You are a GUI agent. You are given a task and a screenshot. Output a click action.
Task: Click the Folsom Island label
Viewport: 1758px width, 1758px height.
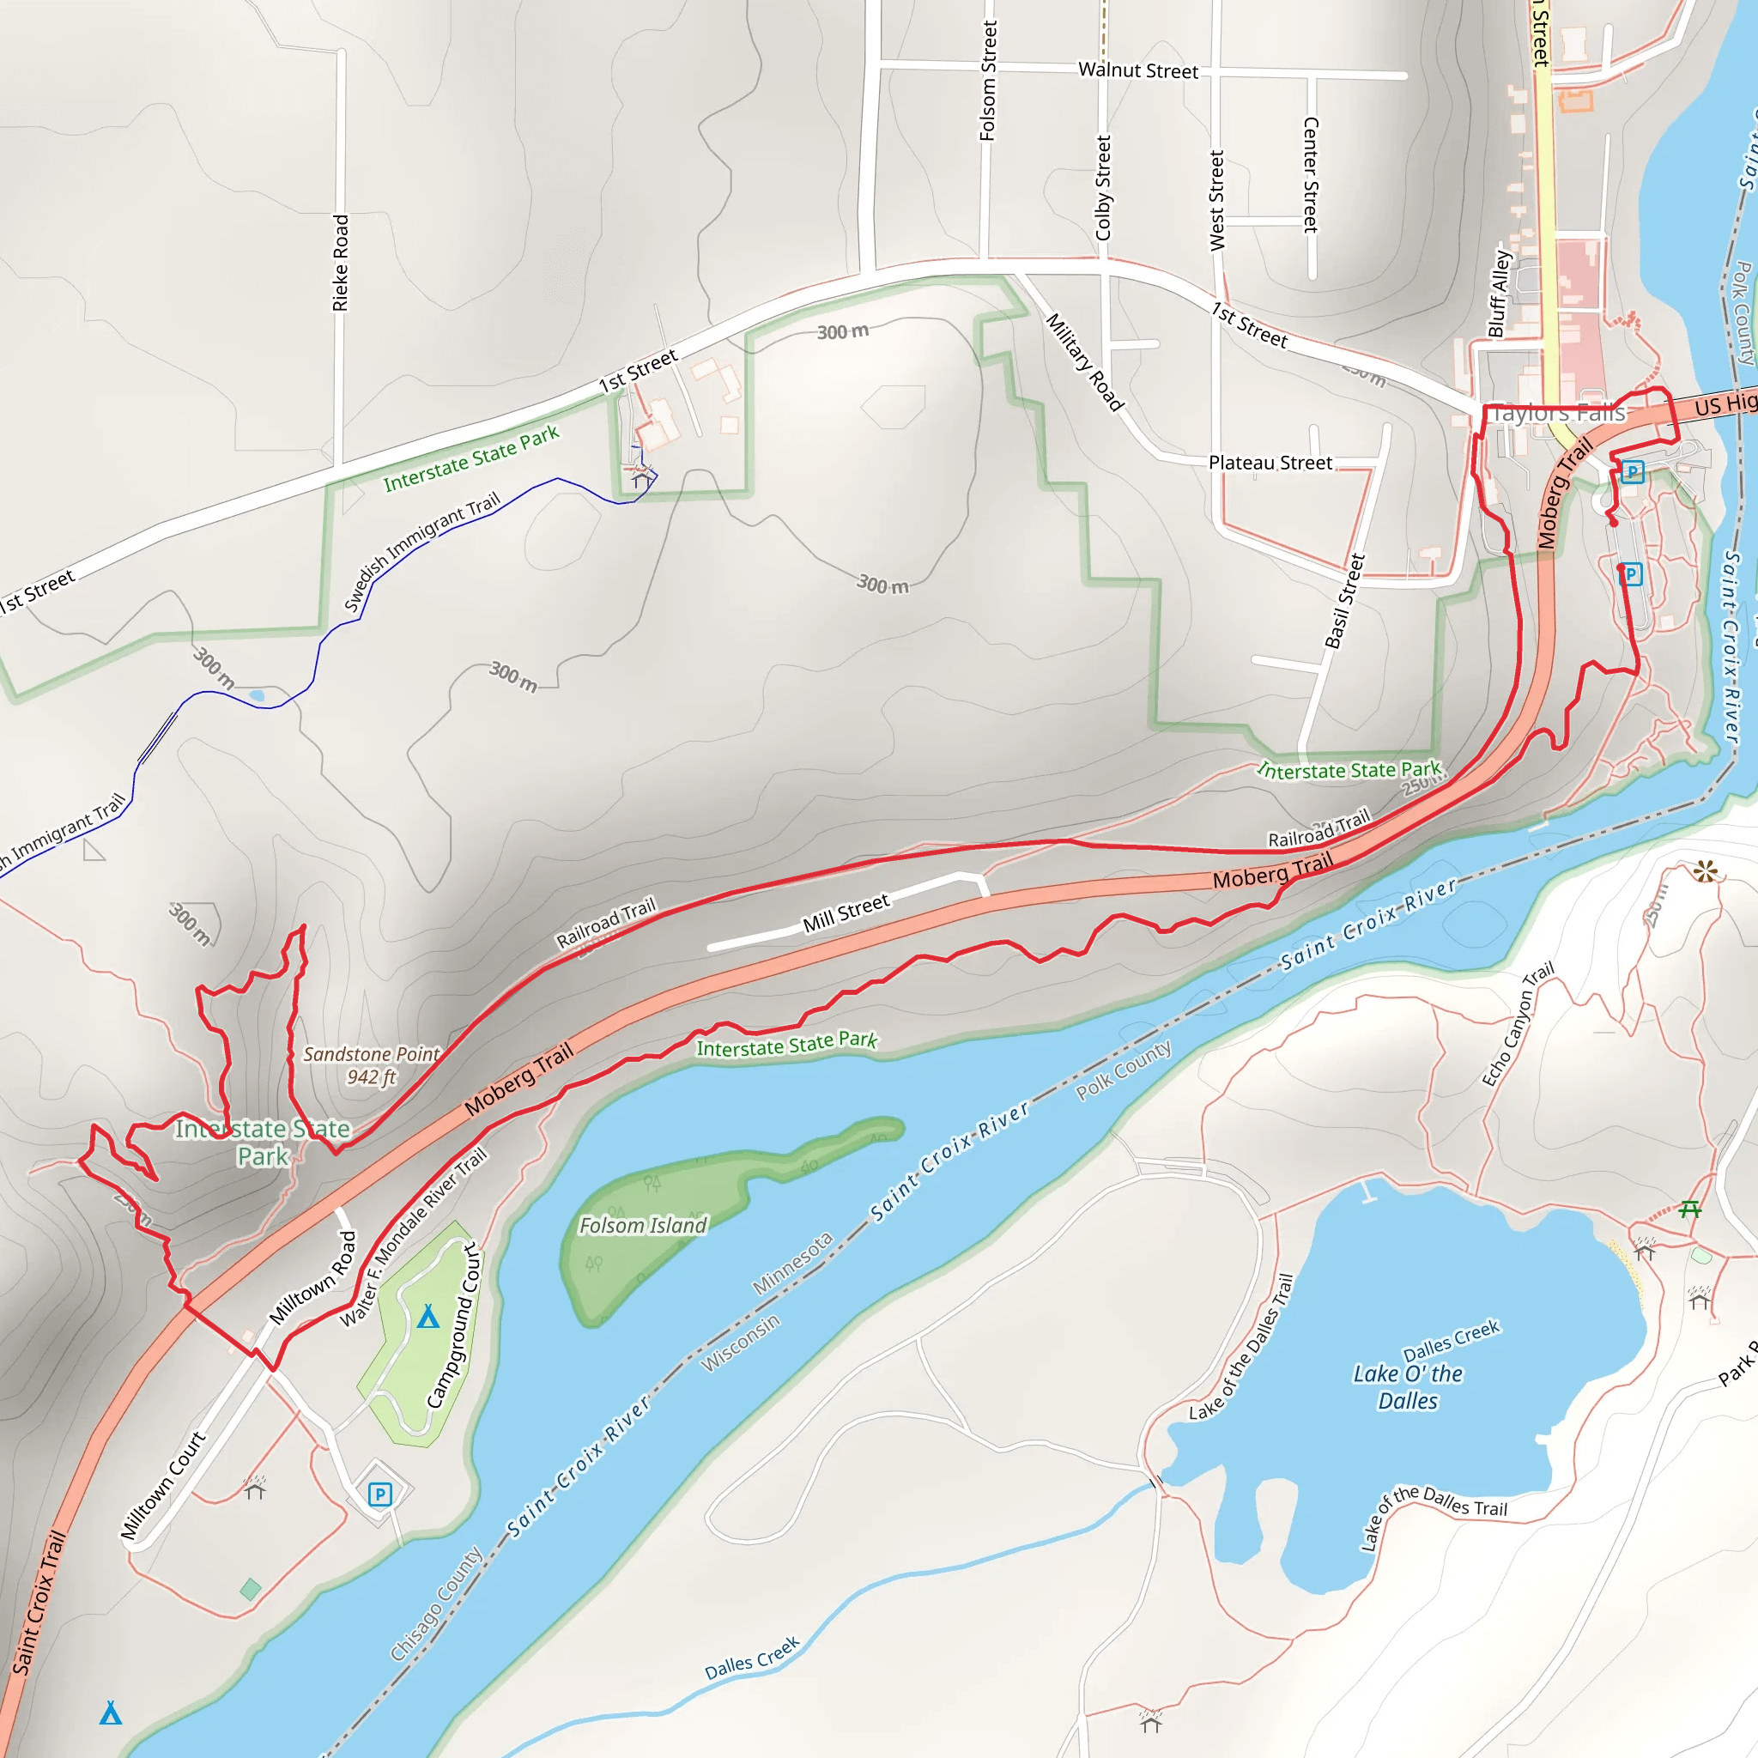pyautogui.click(x=642, y=1226)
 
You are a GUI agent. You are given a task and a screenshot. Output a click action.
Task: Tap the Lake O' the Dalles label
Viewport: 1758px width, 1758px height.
pyautogui.click(x=1408, y=1387)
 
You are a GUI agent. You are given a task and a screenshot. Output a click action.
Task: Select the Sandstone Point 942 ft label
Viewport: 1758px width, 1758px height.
pyautogui.click(x=371, y=1065)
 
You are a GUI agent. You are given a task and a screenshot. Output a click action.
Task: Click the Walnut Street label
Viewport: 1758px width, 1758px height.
pyautogui.click(x=1137, y=70)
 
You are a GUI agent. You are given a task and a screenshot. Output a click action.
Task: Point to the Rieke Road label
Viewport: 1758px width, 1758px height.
pyautogui.click(x=340, y=263)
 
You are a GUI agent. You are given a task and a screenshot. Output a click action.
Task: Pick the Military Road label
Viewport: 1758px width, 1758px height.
pyautogui.click(x=1085, y=362)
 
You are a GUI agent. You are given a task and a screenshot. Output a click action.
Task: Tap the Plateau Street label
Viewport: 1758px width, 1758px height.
pyautogui.click(x=1270, y=463)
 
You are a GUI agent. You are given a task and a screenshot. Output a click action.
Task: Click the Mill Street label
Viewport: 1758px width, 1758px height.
pyautogui.click(x=846, y=913)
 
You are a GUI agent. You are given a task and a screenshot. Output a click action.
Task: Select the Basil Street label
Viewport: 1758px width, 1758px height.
pyautogui.click(x=1344, y=602)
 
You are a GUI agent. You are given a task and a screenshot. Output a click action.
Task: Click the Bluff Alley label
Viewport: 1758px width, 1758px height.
pyautogui.click(x=1499, y=293)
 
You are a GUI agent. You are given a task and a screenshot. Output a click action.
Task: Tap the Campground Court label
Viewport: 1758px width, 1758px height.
pyautogui.click(x=452, y=1325)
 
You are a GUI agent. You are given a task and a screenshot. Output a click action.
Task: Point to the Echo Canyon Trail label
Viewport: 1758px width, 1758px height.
pyautogui.click(x=1518, y=1025)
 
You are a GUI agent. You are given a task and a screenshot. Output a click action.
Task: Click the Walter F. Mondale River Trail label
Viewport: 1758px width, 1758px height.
pyautogui.click(x=413, y=1239)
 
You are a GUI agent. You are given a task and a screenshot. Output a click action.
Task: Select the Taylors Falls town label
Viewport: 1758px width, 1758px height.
pyautogui.click(x=1558, y=413)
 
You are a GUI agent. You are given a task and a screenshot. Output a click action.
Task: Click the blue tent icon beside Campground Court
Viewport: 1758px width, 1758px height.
pyautogui.click(x=427, y=1317)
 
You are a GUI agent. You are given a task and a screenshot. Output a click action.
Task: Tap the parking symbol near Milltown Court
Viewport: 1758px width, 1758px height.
pyautogui.click(x=379, y=1494)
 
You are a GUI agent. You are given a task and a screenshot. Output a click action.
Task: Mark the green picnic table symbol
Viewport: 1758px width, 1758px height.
pyautogui.click(x=1689, y=1209)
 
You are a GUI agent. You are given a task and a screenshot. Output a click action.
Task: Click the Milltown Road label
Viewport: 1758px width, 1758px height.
pyautogui.click(x=312, y=1277)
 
